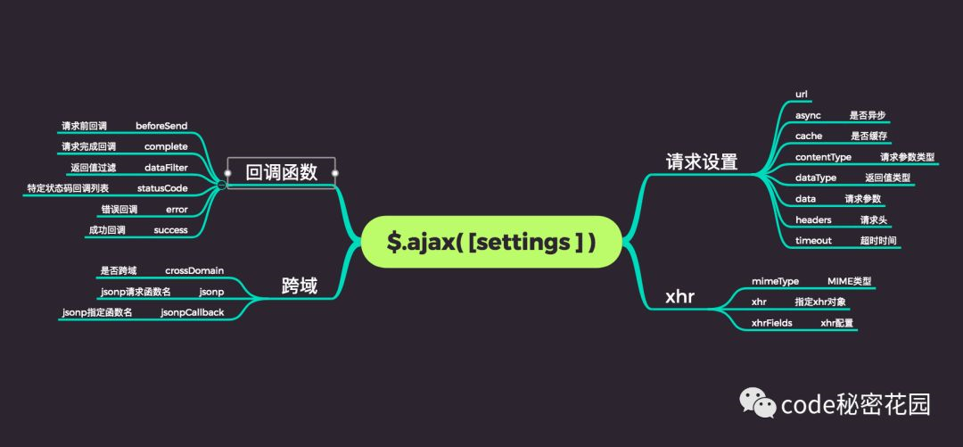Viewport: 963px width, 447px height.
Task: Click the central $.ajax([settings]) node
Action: tap(490, 242)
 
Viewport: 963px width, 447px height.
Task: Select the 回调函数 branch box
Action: tap(281, 172)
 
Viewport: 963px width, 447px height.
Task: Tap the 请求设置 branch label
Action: tap(702, 161)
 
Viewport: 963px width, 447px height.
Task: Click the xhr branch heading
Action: tap(679, 297)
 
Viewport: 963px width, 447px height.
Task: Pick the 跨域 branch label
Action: tap(299, 286)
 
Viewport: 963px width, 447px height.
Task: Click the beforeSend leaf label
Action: tap(161, 126)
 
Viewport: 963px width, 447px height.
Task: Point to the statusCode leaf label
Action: tap(162, 188)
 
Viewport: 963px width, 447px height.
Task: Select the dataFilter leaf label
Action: tap(166, 167)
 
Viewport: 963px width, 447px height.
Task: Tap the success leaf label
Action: tap(170, 229)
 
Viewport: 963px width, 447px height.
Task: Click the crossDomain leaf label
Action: tap(194, 270)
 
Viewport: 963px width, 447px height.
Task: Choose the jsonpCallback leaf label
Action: tap(192, 311)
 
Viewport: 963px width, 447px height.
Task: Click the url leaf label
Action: tap(802, 94)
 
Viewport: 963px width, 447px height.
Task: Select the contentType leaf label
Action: tap(823, 157)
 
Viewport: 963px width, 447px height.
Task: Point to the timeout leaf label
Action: tap(813, 241)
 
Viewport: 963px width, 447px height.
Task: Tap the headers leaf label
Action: tap(813, 219)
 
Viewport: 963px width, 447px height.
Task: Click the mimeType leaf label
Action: tap(775, 281)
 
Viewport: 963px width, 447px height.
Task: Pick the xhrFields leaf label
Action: tap(772, 323)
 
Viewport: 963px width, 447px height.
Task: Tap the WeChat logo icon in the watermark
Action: tap(756, 404)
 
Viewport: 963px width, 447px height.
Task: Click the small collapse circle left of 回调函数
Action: tap(220, 185)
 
